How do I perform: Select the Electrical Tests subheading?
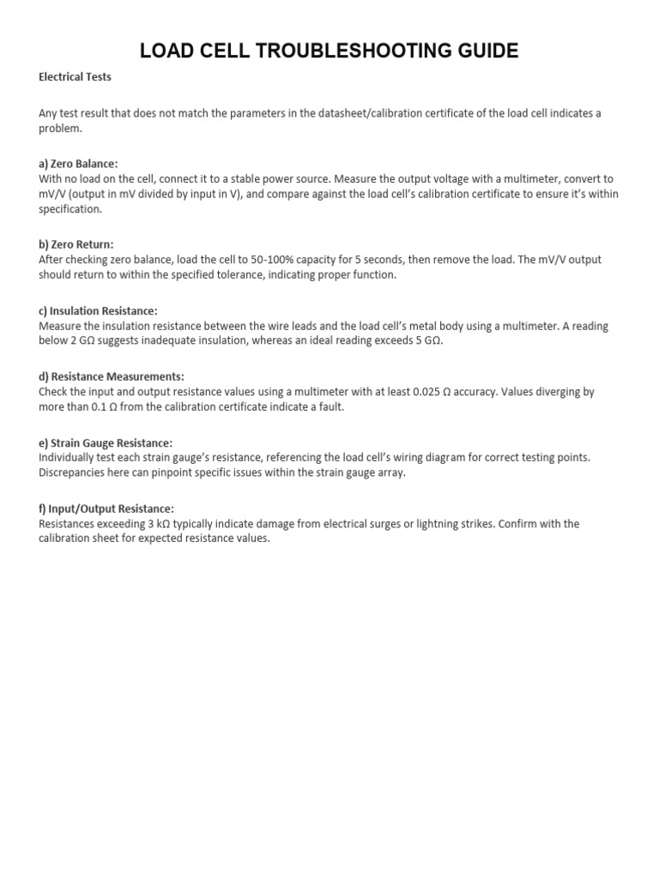tap(75, 76)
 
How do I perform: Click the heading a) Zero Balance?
tap(78, 163)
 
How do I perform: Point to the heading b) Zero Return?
tap(76, 244)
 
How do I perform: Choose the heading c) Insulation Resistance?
tap(98, 310)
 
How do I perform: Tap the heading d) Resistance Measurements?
tap(112, 376)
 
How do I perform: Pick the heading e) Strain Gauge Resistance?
tap(106, 442)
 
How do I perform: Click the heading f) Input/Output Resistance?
tap(106, 508)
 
